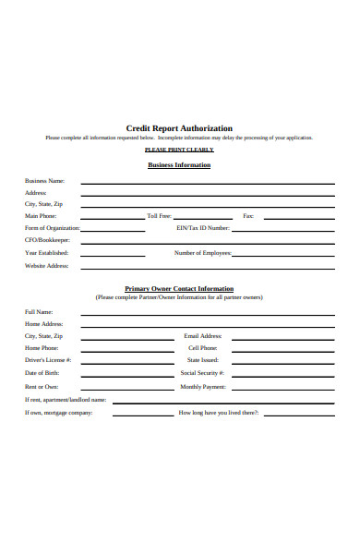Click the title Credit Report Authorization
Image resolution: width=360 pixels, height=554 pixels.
179,128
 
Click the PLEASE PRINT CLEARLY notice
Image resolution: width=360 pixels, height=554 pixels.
179,150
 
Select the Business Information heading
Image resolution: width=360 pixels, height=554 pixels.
179,165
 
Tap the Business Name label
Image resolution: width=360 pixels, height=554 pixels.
44,181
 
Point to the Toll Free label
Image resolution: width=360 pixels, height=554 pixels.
159,215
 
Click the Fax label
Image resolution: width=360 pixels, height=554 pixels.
247,215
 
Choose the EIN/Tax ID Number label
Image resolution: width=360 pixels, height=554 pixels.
202,227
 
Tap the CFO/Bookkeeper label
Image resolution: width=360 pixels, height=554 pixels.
48,240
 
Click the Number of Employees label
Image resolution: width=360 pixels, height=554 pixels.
202,253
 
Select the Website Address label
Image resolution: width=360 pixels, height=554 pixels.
46,266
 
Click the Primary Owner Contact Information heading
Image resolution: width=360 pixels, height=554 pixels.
179,289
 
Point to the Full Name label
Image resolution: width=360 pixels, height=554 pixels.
39,312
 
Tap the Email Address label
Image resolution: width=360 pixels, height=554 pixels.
203,336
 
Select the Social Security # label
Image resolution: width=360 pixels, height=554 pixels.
203,373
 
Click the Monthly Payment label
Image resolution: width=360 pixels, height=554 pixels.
203,387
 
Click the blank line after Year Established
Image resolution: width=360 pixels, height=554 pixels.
113,256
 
